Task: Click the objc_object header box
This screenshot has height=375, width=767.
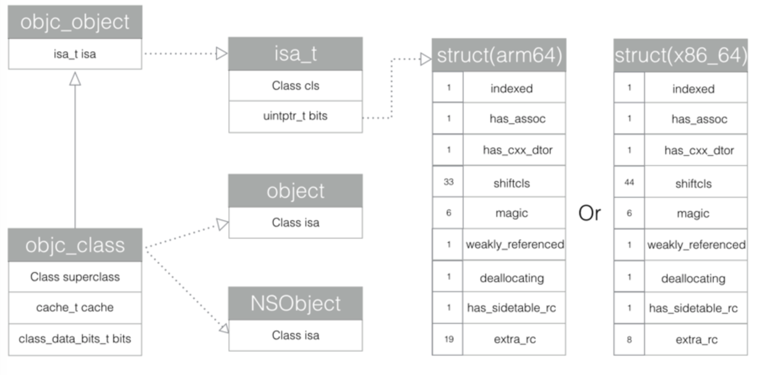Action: coord(75,22)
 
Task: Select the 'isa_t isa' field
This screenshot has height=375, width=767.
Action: coord(75,54)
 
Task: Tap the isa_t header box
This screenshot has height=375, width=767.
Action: coord(295,54)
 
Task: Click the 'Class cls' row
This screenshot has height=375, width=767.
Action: coord(295,86)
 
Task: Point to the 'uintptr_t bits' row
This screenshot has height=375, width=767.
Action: coord(295,116)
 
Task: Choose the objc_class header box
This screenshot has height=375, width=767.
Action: coord(75,245)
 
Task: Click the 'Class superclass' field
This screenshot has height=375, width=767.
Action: coord(75,277)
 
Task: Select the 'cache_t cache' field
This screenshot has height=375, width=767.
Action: coord(75,308)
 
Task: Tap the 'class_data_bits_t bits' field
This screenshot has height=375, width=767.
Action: coord(75,339)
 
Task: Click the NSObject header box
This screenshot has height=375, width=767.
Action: coord(295,303)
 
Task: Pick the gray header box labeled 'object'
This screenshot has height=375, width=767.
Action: coord(295,191)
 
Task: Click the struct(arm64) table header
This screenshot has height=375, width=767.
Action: coord(499,56)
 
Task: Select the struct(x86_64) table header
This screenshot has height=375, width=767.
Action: coord(680,56)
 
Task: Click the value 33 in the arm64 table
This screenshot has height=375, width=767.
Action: coord(448,182)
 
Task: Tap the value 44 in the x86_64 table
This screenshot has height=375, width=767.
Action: coord(629,182)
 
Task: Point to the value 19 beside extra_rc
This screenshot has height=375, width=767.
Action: coord(448,339)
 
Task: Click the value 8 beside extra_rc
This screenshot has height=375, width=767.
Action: coord(629,339)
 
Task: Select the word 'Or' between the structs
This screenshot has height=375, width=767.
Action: coord(589,214)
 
